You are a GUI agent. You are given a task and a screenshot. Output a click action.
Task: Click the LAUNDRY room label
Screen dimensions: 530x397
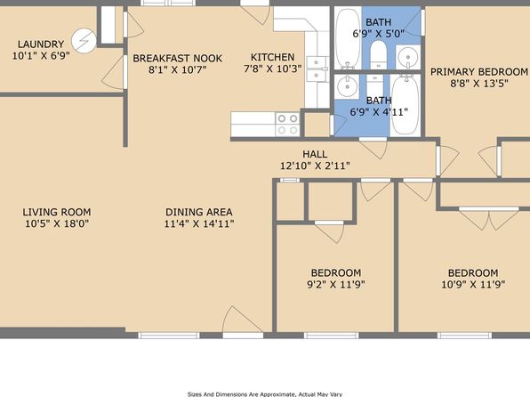(x=41, y=45)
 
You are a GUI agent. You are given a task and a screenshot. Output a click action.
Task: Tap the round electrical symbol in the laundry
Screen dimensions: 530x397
(x=84, y=40)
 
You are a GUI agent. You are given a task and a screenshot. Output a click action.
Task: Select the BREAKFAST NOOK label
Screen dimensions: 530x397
(x=178, y=58)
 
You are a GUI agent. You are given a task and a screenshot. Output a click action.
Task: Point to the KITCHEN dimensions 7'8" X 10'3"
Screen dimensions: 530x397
(x=272, y=69)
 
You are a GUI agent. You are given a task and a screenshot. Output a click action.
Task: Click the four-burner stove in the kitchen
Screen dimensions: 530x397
(x=287, y=125)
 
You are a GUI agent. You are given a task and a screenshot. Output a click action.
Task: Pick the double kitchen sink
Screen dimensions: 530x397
(x=317, y=69)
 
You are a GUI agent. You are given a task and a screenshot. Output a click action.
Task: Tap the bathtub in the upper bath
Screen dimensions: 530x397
(x=349, y=38)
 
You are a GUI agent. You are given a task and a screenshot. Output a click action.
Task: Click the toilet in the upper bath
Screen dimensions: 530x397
(x=378, y=54)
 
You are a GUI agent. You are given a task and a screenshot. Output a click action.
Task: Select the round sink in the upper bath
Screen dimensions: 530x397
(x=408, y=57)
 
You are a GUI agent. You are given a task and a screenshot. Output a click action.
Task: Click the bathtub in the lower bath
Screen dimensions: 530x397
(x=405, y=105)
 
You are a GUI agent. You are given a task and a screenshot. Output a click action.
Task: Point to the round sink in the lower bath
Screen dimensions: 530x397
(x=347, y=86)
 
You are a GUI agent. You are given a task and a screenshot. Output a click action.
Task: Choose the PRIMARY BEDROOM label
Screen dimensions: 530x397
(x=479, y=72)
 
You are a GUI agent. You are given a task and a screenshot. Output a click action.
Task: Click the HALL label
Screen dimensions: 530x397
(x=315, y=154)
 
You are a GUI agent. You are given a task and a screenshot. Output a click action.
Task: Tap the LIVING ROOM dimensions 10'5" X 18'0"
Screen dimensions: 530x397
(x=57, y=223)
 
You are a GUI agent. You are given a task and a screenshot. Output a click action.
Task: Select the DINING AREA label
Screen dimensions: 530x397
(x=199, y=212)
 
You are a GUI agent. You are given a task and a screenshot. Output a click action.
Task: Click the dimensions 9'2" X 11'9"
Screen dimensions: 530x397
(x=336, y=284)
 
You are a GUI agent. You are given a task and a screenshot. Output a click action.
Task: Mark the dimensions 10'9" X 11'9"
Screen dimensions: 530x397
(x=473, y=284)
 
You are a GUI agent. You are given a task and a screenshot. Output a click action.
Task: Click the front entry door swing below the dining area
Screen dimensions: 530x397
(x=242, y=320)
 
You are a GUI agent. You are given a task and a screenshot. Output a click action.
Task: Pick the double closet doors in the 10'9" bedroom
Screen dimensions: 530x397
(x=489, y=219)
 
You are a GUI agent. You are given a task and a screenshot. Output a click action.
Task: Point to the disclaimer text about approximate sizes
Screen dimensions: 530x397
(x=265, y=394)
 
